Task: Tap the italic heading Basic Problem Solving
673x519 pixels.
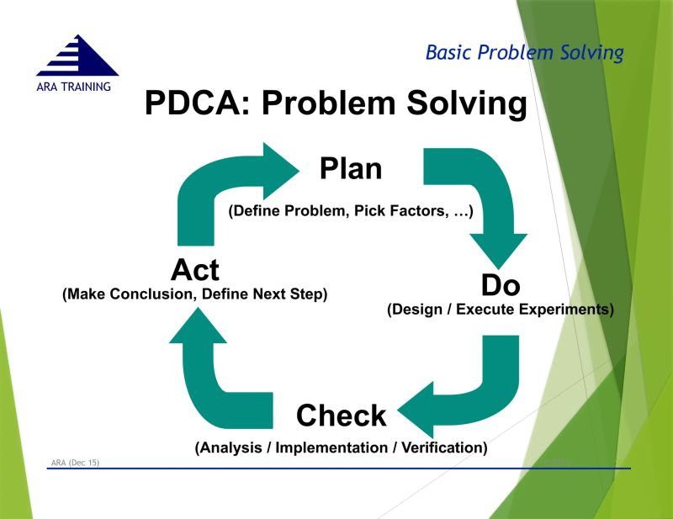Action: click(x=524, y=53)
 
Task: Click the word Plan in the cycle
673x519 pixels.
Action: click(x=351, y=168)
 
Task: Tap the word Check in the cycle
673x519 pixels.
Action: click(x=341, y=415)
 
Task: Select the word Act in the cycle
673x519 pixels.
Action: click(x=194, y=270)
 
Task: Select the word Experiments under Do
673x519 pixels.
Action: click(x=564, y=310)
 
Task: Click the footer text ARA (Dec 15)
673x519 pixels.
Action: click(x=75, y=463)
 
